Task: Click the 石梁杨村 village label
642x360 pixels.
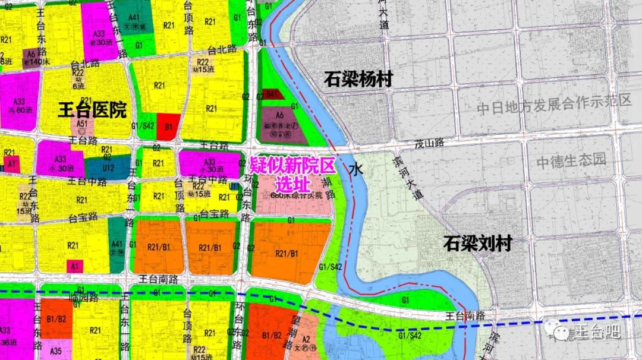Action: click(x=358, y=80)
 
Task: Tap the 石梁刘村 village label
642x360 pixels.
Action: click(x=477, y=244)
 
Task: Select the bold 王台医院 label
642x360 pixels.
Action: click(x=93, y=110)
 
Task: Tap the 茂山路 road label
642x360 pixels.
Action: click(x=430, y=143)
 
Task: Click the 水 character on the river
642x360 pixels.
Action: click(x=355, y=169)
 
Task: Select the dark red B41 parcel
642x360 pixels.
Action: click(x=272, y=93)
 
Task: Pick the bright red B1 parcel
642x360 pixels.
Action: click(x=168, y=126)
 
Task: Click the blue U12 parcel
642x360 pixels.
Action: click(x=108, y=168)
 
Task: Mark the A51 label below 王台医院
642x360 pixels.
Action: click(x=83, y=124)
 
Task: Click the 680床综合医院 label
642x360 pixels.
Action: click(x=295, y=195)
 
